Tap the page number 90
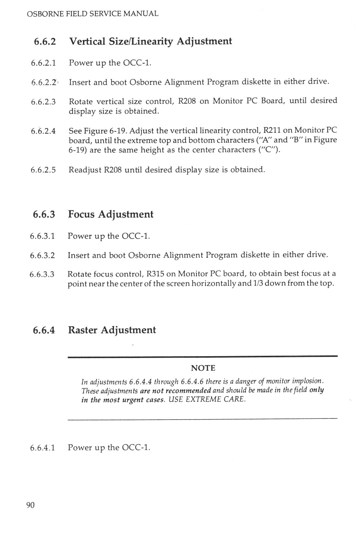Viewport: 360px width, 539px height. pos(30,505)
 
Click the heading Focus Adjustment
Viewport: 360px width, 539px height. pos(111,214)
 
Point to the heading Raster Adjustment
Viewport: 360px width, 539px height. pos(112,330)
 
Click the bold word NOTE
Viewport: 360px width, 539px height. pos(203,368)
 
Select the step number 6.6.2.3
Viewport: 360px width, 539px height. pos(43,102)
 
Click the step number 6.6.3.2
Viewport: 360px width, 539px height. pos(42,256)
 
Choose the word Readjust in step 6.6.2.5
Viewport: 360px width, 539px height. pos(85,169)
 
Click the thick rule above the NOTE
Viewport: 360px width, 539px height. pos(203,357)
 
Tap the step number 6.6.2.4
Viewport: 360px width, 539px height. pos(43,131)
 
